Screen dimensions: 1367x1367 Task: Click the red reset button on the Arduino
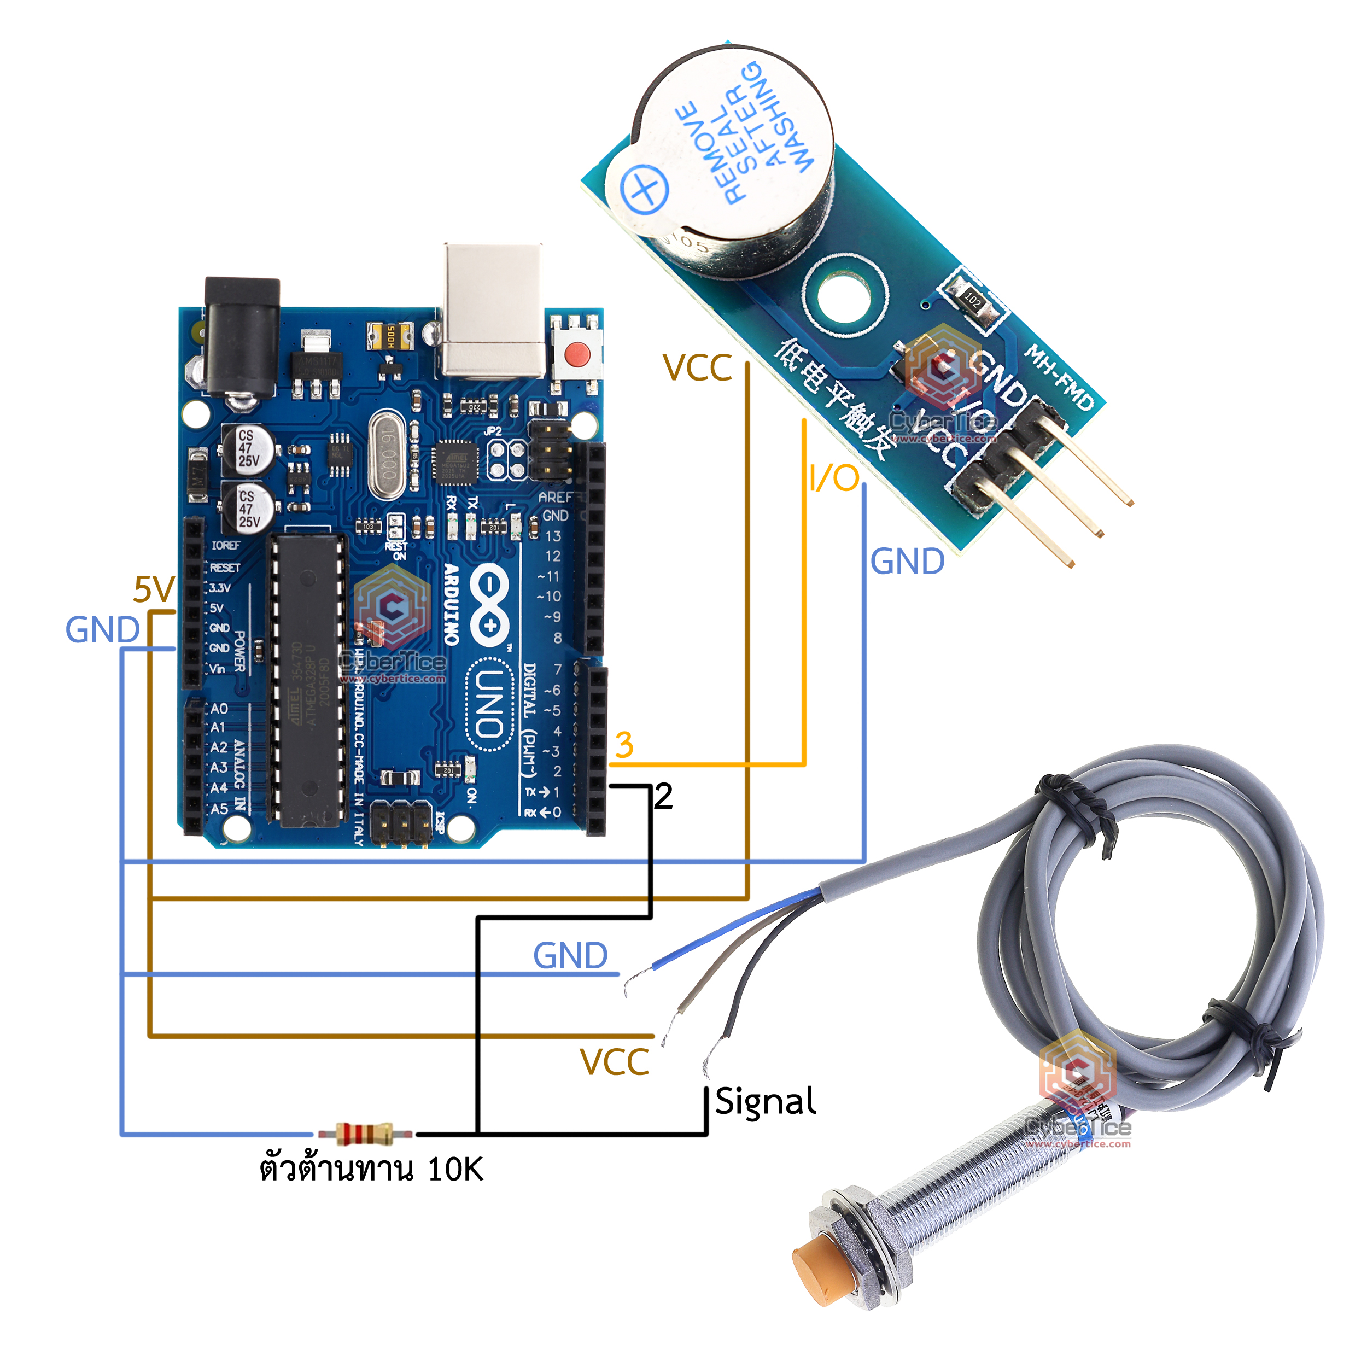[x=578, y=352]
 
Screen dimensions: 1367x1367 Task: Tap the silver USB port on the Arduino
[x=493, y=311]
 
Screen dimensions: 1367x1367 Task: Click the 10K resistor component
[x=364, y=1134]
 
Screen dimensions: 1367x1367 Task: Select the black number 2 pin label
[x=663, y=797]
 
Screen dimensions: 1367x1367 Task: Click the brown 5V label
[x=154, y=589]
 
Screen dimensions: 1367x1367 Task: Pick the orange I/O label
[x=834, y=478]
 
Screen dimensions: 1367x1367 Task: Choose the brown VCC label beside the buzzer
[x=697, y=368]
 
